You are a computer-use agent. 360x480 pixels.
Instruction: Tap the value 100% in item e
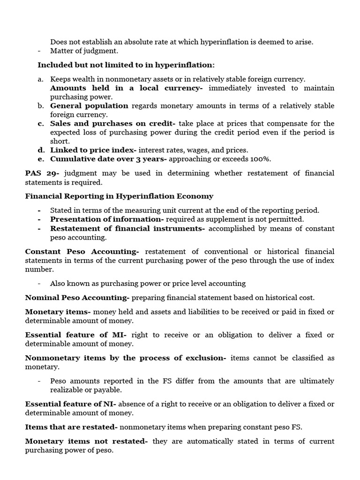tap(262, 159)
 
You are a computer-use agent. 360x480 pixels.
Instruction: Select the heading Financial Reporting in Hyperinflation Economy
tap(119, 196)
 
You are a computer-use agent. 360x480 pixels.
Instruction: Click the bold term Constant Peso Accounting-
tap(82, 252)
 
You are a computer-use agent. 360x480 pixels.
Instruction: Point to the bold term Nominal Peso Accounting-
tap(77, 298)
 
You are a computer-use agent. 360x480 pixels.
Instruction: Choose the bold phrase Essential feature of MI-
tap(75, 335)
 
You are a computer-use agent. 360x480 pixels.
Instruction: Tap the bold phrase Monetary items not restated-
tap(86, 441)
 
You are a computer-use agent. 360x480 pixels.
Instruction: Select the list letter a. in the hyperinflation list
tap(41, 79)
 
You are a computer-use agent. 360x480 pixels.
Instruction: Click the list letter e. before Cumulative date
tap(41, 159)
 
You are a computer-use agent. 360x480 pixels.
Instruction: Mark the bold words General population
tap(89, 105)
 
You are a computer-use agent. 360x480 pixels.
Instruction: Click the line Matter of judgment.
tap(84, 51)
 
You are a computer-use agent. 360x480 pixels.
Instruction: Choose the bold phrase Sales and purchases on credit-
tap(112, 123)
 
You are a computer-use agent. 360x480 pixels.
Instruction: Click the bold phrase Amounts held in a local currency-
tap(127, 88)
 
